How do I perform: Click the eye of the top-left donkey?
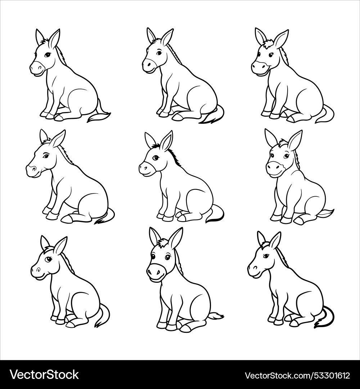tap(48, 55)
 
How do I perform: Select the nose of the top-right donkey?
tap(258, 66)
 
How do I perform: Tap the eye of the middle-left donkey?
tap(46, 156)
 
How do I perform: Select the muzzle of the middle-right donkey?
tap(275, 168)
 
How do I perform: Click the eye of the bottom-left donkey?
tap(47, 259)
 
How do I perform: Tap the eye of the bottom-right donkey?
tap(266, 256)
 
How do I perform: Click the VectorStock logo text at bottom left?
tap(44, 375)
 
